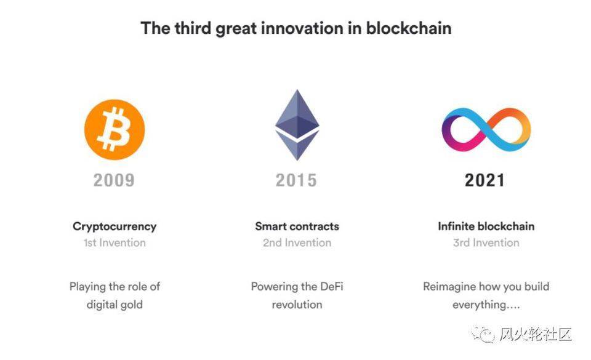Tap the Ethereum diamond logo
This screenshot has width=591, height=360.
coord(297,126)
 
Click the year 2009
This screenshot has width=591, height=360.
coord(114,180)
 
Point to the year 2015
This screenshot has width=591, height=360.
coord(296,180)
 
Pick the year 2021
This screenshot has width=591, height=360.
coord(485,180)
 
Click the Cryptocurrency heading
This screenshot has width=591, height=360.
coord(115,226)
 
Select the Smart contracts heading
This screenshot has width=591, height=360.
coord(297,226)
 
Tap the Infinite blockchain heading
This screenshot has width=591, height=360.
coord(486,226)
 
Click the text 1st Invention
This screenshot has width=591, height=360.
coord(115,243)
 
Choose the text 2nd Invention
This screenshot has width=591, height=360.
coord(297,243)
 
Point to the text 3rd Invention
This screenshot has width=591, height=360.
coord(486,243)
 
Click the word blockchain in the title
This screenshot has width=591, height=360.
coord(409,28)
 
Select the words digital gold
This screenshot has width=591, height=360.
coord(115,305)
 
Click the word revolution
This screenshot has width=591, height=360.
coord(297,305)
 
